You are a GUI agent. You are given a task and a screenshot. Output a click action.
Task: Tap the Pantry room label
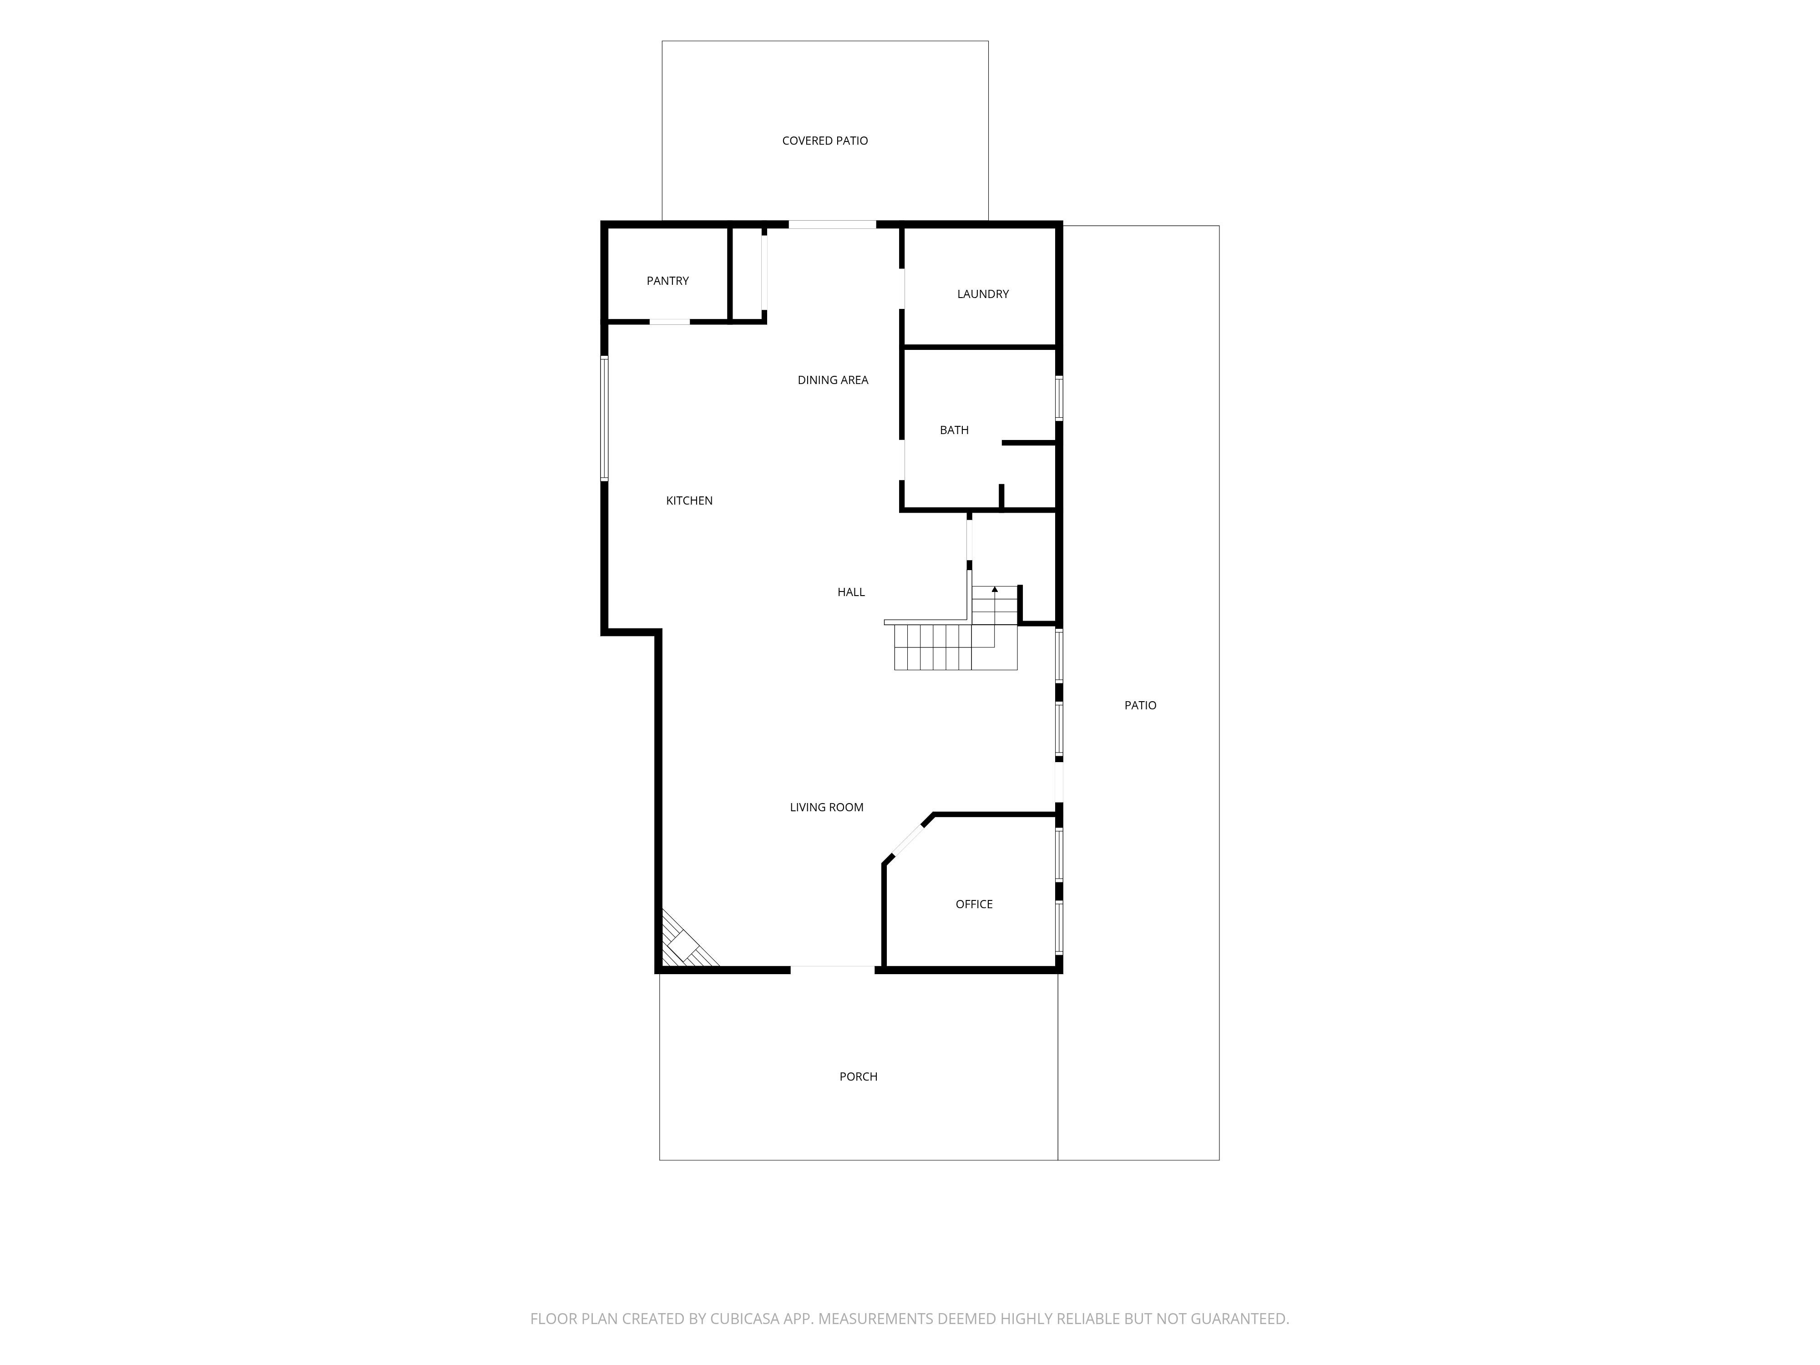pos(667,281)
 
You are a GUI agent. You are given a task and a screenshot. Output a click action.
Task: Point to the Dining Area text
pos(833,380)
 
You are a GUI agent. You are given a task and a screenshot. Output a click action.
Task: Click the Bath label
pos(955,430)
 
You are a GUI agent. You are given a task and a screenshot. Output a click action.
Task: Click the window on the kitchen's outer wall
pos(604,418)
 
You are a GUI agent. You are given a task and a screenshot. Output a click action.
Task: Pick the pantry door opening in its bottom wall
pos(670,322)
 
